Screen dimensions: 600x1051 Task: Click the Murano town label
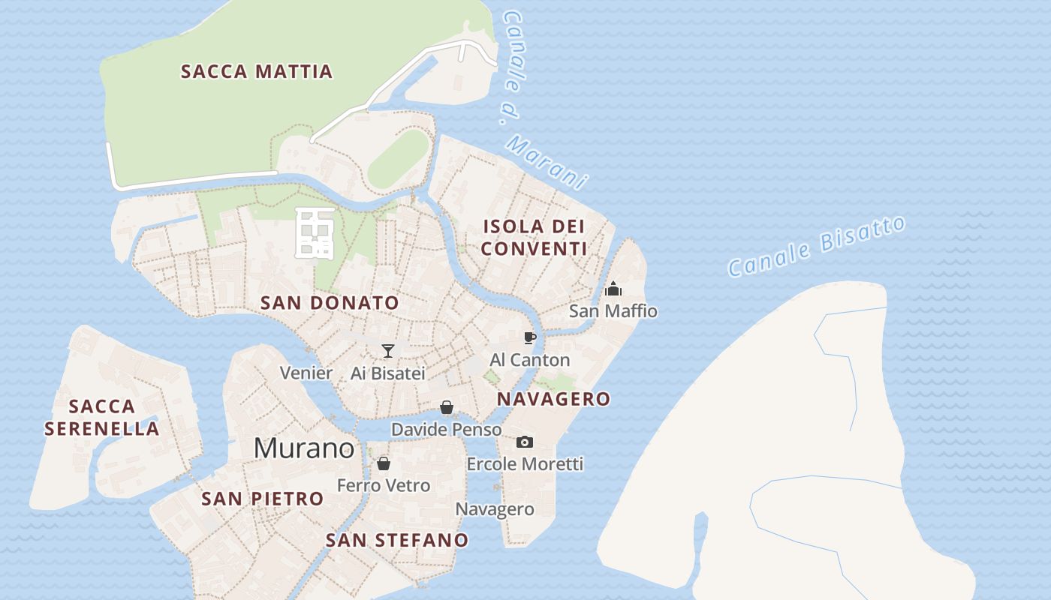pos(304,448)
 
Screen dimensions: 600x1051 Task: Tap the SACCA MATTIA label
pos(257,72)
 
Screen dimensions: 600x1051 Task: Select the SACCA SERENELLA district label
pos(102,418)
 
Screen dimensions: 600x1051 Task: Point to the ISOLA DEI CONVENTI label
pos(534,237)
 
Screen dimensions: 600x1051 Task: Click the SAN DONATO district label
pos(330,303)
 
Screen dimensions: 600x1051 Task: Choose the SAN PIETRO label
pos(263,499)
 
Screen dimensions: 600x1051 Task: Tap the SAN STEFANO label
pos(397,540)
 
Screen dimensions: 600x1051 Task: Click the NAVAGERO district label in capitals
pos(554,399)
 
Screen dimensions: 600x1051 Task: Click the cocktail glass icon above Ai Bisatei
pos(387,350)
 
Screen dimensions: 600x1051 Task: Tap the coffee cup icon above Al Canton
pos(530,337)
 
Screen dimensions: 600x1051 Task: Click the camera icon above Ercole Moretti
pos(525,442)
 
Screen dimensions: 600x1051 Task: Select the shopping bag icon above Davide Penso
pos(447,407)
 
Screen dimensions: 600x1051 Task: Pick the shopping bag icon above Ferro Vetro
pos(384,463)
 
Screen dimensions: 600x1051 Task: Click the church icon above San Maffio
pos(613,289)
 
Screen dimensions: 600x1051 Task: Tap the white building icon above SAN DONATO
pos(315,233)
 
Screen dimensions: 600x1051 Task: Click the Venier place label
pos(306,373)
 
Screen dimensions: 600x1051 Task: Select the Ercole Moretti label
pos(525,464)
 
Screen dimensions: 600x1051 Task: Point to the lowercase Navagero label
pos(495,510)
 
